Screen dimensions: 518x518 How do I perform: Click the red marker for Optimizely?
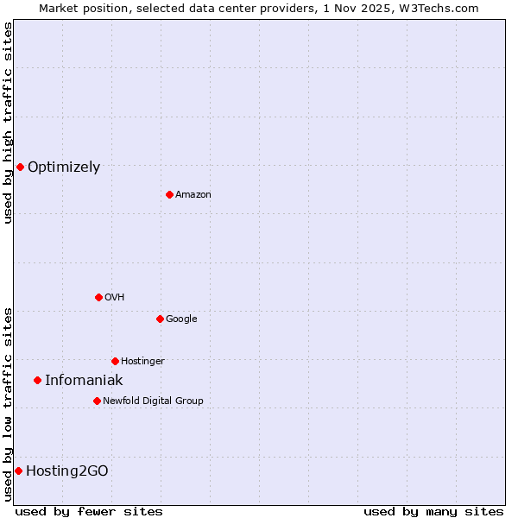coord(20,167)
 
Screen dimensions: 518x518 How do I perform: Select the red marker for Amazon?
coord(169,194)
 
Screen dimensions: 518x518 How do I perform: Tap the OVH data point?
coord(98,297)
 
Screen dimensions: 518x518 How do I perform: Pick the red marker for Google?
coord(160,319)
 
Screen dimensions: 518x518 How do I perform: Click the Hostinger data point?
coord(115,361)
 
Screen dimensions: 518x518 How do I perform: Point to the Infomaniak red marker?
coord(37,380)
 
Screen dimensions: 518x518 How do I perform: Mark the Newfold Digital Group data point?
coord(97,401)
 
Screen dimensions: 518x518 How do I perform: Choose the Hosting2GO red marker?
coord(18,471)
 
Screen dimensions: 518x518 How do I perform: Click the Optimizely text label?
coord(64,167)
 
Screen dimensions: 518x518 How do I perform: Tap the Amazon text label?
coord(193,195)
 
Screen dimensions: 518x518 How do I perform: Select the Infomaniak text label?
coord(84,381)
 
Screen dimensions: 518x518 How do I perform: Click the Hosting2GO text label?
coord(67,471)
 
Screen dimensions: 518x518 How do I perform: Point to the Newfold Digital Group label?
coord(153,401)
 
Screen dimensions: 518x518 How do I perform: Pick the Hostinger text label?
coord(142,361)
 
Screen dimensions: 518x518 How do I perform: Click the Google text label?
coord(181,319)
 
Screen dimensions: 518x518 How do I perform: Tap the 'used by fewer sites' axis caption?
coord(89,511)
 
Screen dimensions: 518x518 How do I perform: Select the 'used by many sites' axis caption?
coord(433,511)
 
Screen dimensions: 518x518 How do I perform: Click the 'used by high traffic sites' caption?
coord(9,123)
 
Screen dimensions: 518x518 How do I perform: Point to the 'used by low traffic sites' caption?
coord(9,403)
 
